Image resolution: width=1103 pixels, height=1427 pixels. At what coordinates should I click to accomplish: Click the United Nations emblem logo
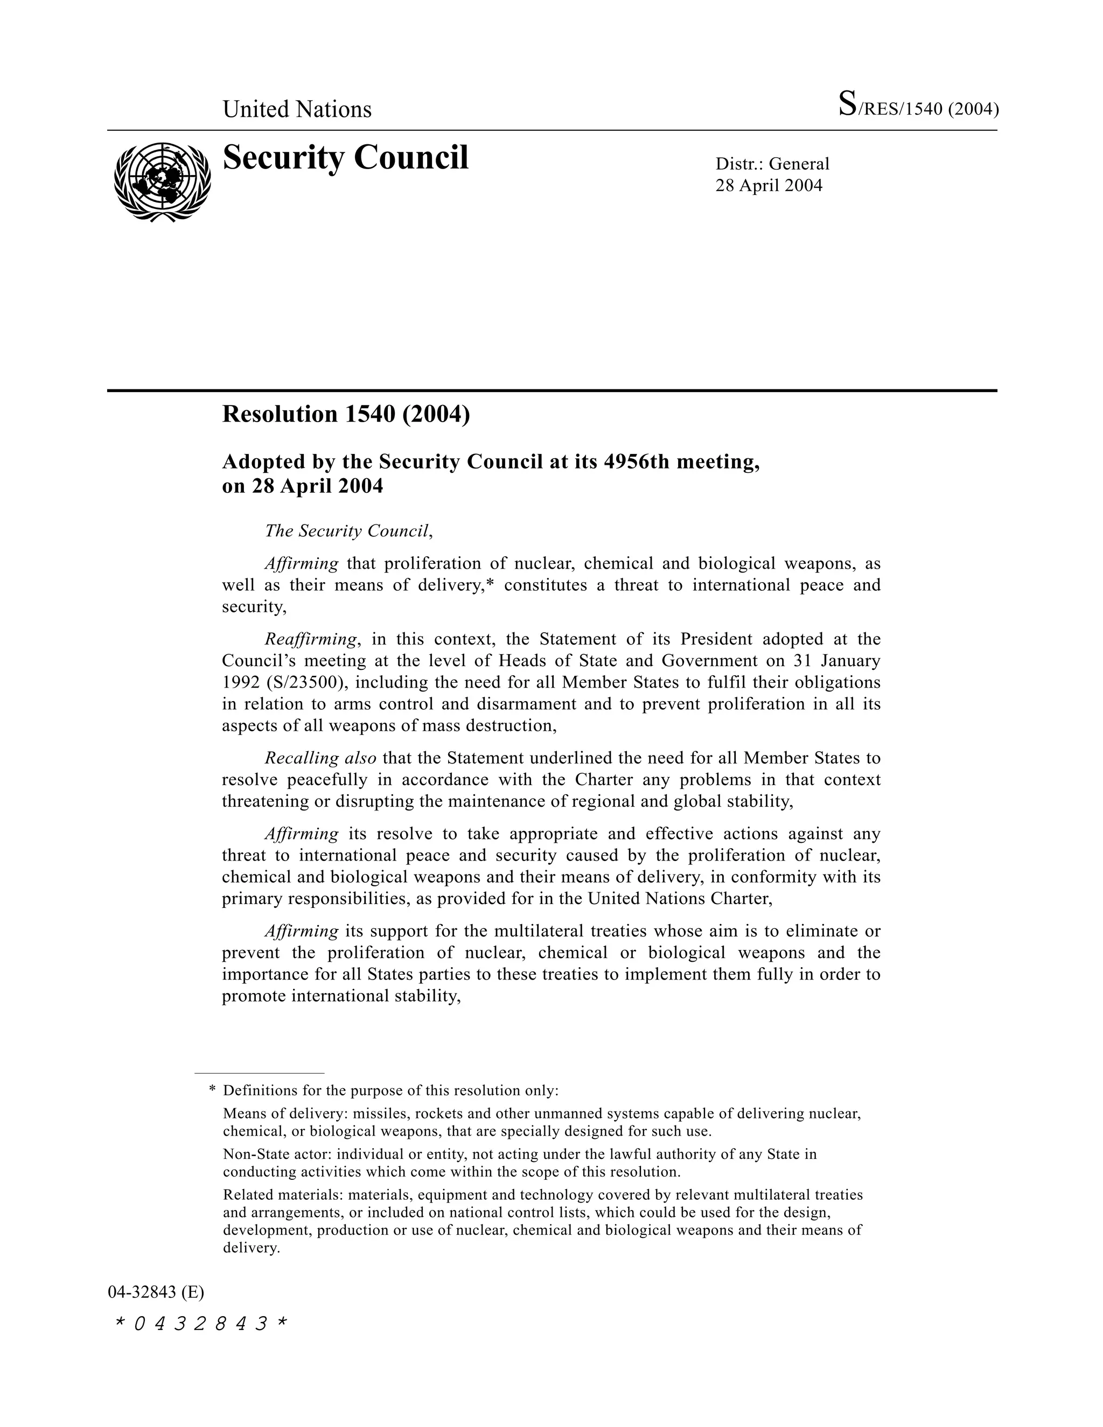[162, 181]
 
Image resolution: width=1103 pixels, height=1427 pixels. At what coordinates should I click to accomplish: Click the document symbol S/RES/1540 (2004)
[918, 106]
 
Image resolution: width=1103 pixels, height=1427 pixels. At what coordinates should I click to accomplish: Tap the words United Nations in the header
[297, 109]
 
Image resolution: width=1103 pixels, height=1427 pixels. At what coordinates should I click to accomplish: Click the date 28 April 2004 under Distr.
[769, 186]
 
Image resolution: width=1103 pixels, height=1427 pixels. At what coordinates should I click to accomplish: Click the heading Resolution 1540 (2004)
[346, 414]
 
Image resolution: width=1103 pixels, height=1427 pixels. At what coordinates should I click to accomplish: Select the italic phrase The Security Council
[347, 530]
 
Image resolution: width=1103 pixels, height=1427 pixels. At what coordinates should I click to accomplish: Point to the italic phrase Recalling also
[320, 758]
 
